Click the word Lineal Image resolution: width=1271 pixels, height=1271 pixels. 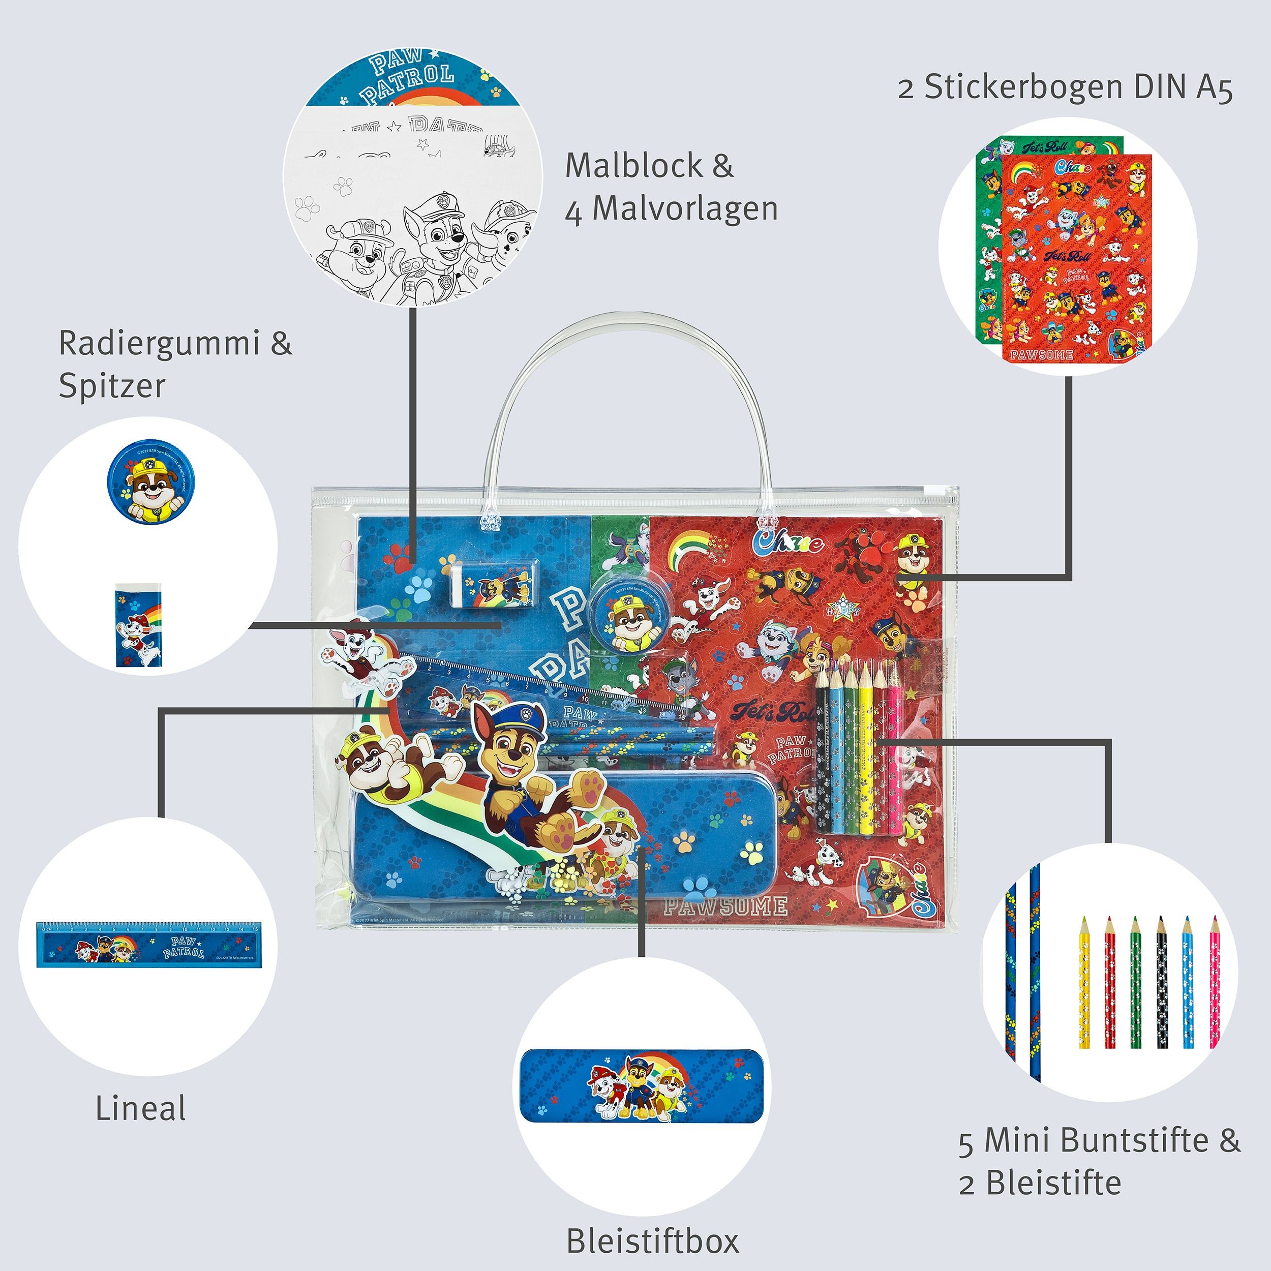click(140, 1109)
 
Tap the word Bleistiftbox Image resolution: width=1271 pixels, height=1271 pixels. click(653, 1242)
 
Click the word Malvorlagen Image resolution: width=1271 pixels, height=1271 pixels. click(685, 209)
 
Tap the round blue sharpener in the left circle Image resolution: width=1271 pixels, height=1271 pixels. click(152, 481)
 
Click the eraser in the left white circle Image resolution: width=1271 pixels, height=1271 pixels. click(138, 625)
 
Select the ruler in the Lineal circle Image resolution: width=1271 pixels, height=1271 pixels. click(148, 944)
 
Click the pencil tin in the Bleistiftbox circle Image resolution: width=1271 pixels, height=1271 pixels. click(642, 1085)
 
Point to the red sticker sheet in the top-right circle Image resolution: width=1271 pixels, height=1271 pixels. click(1076, 257)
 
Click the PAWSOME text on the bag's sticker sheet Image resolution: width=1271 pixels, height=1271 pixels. click(725, 906)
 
